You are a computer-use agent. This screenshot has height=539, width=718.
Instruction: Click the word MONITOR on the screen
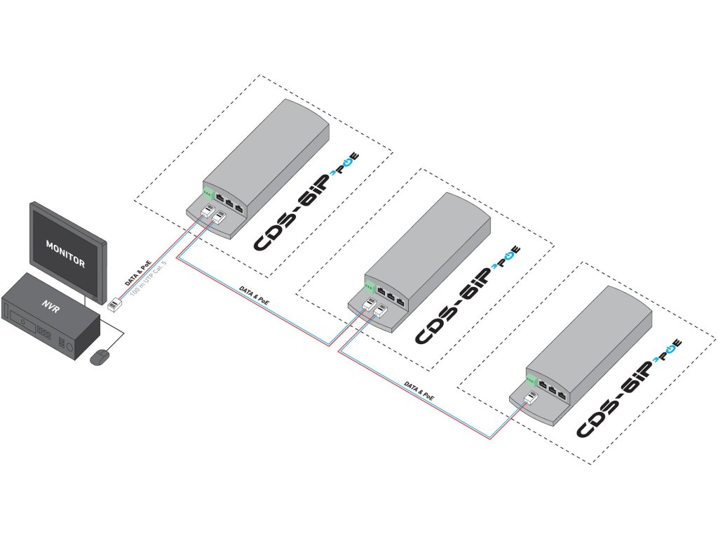point(65,255)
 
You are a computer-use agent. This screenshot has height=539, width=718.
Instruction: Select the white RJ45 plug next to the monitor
point(113,304)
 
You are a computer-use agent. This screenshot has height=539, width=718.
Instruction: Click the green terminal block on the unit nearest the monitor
point(208,194)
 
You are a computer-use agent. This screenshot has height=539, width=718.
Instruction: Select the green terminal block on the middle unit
point(369,286)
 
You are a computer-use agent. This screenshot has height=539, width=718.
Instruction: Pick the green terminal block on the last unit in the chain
point(531,381)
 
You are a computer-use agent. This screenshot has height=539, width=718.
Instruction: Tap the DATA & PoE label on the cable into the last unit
point(419,391)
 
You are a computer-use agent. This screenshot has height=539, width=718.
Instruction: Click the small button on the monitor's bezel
point(93,300)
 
